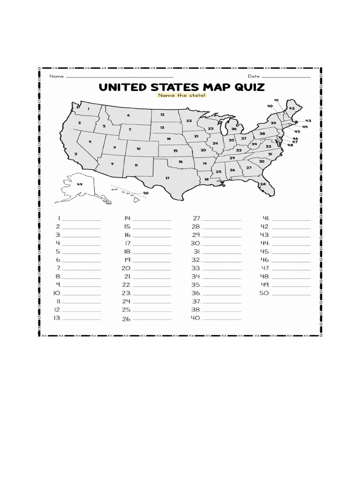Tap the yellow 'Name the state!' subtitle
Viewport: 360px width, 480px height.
[x=182, y=96]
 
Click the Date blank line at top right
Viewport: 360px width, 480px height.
[x=285, y=76]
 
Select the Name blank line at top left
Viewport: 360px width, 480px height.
[x=120, y=76]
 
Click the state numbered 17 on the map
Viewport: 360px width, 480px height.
[x=167, y=178]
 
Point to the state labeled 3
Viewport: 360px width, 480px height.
[x=75, y=153]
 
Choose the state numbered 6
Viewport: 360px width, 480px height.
[x=128, y=115]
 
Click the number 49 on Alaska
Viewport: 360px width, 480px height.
[x=79, y=184]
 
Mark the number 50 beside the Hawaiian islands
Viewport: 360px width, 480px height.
[x=146, y=193]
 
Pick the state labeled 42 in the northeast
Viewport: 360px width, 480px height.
[x=292, y=108]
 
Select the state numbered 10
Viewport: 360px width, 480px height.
[x=138, y=149]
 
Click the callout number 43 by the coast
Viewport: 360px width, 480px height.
[x=308, y=121]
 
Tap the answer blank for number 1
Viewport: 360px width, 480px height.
[x=82, y=219]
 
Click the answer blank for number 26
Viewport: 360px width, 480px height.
[x=152, y=319]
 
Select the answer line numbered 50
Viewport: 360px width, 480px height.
[x=291, y=294]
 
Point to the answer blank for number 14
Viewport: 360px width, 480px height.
[x=152, y=219]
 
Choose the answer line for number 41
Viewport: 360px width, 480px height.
[x=291, y=219]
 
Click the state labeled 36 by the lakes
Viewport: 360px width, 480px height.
[x=233, y=129]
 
